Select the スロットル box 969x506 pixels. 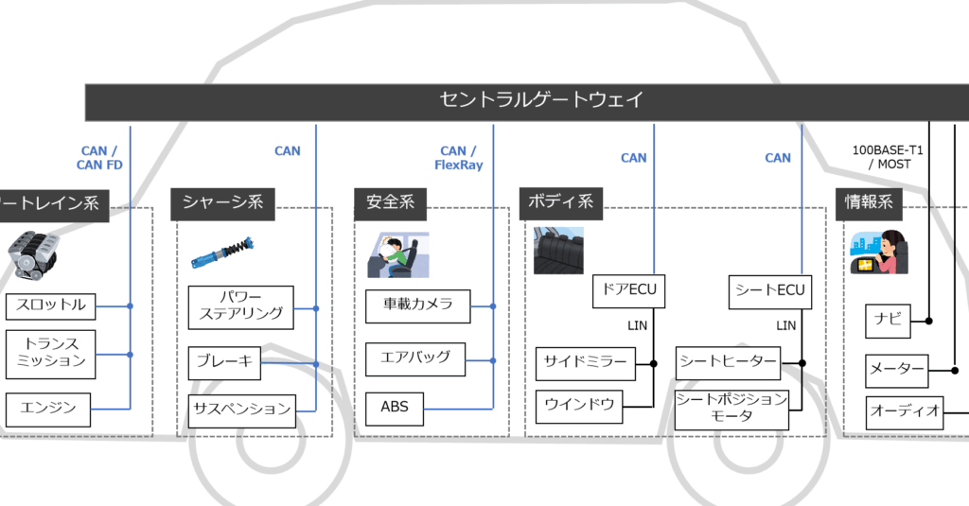coord(50,305)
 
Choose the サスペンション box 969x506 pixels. coord(240,410)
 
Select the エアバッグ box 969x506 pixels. coord(415,358)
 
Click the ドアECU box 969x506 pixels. coord(628,291)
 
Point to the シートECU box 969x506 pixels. coord(769,291)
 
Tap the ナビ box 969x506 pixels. coord(888,321)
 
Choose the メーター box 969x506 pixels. coord(896,370)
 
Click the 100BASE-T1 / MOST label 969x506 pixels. coord(887,157)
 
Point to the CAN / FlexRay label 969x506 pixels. coord(458,157)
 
